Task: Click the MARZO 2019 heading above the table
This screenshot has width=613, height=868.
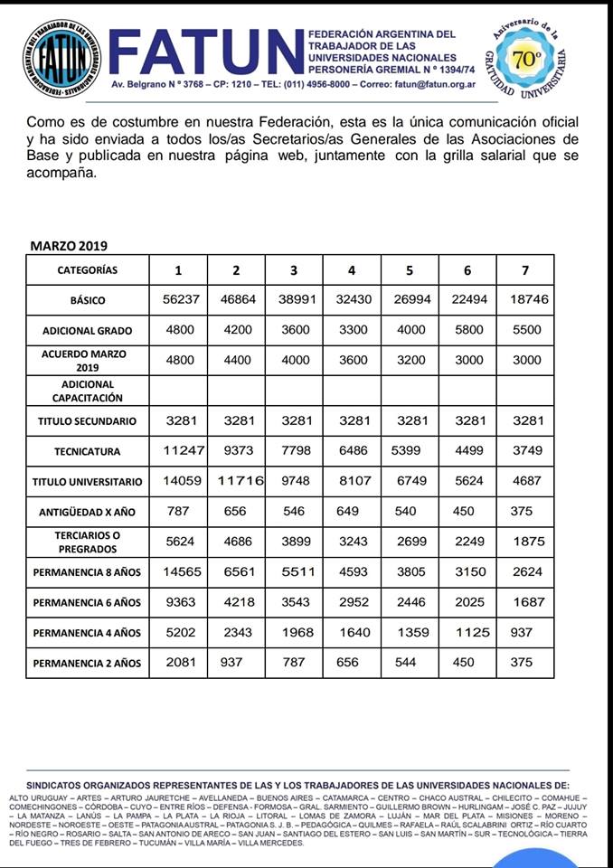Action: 69,246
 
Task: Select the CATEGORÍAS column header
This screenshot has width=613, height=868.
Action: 87,269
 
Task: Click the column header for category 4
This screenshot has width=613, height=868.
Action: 353,269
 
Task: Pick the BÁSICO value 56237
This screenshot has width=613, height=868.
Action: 179,300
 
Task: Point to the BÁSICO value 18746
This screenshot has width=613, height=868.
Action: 525,300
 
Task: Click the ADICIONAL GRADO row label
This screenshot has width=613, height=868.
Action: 87,331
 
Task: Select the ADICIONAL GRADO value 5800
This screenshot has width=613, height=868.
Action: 467,331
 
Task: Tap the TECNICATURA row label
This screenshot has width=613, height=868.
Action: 87,451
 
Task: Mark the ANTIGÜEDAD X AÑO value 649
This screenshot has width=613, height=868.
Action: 353,512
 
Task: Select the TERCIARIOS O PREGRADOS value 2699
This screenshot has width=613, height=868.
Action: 410,542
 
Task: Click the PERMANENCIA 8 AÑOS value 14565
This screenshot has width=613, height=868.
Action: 179,571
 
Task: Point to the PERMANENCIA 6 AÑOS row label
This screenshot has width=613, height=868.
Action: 87,602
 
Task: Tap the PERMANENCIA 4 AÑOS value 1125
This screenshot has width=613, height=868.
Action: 467,632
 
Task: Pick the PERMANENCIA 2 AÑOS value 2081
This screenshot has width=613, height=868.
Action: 179,663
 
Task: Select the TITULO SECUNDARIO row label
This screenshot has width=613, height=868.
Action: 87,421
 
